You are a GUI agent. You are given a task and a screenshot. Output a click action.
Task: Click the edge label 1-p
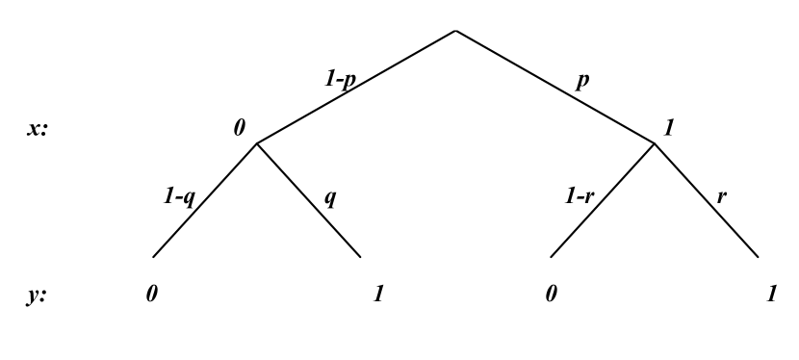point(339,81)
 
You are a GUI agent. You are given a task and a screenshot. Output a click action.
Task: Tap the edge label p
point(581,81)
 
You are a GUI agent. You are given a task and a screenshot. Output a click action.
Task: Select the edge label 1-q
point(179,197)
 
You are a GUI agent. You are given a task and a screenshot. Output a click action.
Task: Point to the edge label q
point(330,198)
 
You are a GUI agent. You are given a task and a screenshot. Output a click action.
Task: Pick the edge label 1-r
point(579,197)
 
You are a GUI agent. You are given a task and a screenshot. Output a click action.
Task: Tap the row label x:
point(38,129)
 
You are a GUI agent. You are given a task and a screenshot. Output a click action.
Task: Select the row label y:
point(38,296)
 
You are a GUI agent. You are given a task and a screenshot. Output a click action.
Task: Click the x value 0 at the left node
point(239,129)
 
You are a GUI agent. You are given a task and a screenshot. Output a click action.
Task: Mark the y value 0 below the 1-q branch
point(151,295)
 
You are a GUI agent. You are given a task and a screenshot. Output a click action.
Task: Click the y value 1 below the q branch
point(378,295)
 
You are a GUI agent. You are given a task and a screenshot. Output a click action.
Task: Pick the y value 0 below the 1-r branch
point(551,295)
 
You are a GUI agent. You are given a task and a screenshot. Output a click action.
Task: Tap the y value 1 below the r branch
point(772,295)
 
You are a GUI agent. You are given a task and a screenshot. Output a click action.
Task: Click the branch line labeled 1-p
point(356,87)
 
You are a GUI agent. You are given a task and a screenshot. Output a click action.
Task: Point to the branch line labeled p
point(554,87)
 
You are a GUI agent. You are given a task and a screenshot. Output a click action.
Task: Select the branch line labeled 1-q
point(205,200)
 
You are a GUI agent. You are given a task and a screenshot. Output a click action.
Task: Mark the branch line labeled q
point(309,200)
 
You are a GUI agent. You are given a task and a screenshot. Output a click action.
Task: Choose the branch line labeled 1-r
point(603,200)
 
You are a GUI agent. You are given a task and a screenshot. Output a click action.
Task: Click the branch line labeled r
point(707,200)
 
